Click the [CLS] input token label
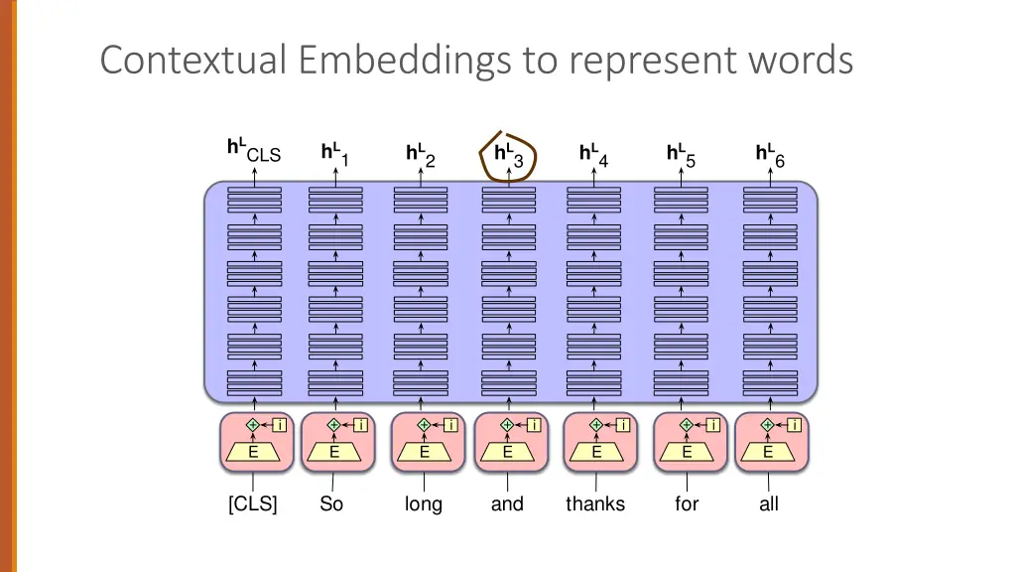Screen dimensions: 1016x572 tap(253, 504)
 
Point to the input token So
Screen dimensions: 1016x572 tap(331, 504)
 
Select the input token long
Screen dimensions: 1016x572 tap(424, 504)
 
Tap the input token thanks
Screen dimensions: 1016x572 tap(595, 504)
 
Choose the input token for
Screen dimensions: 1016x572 tap(687, 504)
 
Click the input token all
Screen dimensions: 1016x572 tap(769, 504)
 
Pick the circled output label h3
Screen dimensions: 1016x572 tap(508, 156)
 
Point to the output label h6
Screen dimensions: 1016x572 tap(770, 156)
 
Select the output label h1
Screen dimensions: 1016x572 tap(334, 156)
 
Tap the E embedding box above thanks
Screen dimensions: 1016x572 tap(596, 452)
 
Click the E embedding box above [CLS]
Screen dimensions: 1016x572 tap(254, 452)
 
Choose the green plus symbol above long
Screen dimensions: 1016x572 tap(424, 425)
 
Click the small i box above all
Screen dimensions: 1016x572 tap(795, 425)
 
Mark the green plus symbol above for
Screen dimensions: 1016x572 tap(686, 425)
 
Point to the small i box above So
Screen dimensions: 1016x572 tap(361, 425)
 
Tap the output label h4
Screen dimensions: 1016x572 tap(593, 156)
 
